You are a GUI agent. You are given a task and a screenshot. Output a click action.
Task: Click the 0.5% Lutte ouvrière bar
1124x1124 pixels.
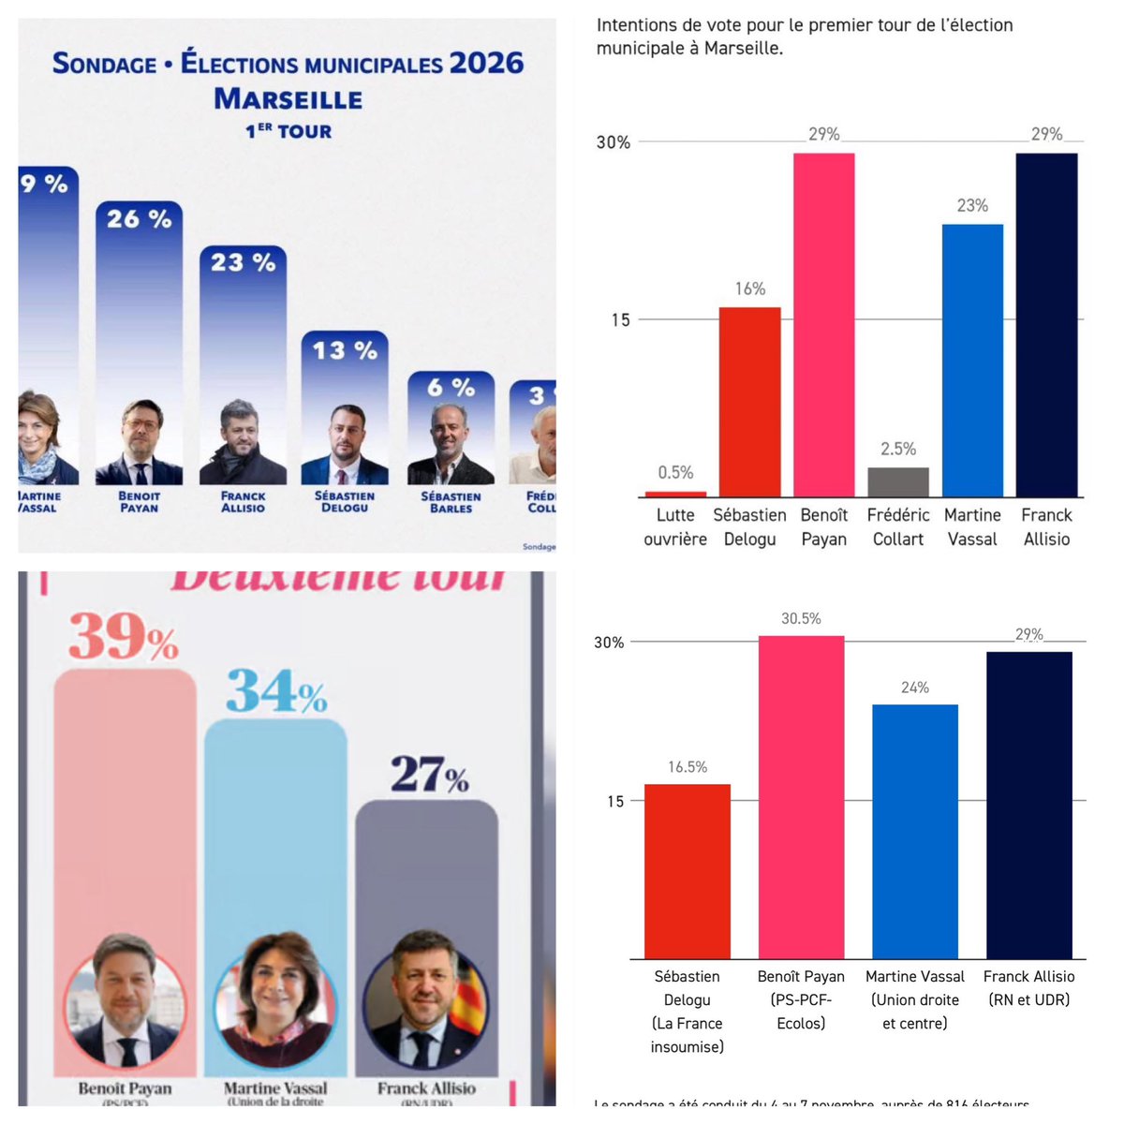point(675,493)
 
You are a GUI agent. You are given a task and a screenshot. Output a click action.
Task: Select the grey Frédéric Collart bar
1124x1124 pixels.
point(898,481)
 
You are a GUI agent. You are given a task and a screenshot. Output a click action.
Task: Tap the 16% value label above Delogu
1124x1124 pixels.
point(749,288)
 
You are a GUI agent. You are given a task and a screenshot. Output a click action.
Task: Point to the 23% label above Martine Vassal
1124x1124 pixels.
point(972,205)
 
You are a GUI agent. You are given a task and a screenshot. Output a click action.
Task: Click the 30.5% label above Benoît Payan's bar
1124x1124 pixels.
point(801,618)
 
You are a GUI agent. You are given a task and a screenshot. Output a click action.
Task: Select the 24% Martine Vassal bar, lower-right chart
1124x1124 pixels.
point(915,831)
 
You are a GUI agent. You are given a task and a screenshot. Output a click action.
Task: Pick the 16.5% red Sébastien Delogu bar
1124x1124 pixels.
point(688,871)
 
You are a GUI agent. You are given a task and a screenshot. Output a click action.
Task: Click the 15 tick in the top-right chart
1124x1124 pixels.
point(620,320)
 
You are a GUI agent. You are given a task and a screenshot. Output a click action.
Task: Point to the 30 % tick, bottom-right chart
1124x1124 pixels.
point(609,643)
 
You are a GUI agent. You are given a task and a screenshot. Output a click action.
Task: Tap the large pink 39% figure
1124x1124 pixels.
point(123,638)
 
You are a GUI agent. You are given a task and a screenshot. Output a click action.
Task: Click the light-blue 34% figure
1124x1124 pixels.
point(276,692)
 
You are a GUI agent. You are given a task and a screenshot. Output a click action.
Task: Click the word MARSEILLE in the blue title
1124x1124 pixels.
point(288,98)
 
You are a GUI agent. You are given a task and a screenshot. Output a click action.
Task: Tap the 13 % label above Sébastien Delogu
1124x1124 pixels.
point(345,350)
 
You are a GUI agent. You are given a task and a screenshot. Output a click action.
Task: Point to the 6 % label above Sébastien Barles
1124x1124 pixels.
point(451,387)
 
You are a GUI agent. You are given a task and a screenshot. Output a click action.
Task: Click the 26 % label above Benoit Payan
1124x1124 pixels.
point(139,219)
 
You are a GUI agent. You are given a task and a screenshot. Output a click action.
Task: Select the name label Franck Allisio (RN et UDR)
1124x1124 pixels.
point(1028,987)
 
